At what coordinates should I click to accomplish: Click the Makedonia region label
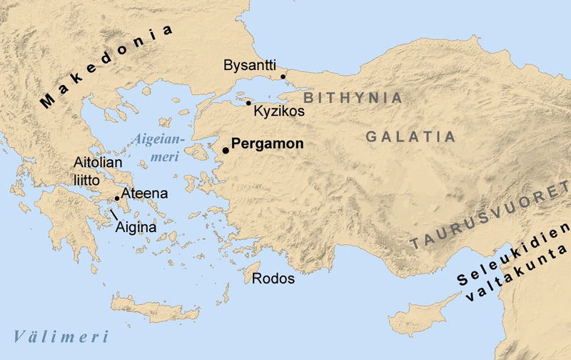click(107, 66)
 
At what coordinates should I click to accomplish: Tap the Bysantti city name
click(250, 66)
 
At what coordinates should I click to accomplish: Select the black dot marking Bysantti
click(283, 76)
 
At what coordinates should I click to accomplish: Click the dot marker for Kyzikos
click(248, 103)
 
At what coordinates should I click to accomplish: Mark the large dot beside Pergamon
click(226, 150)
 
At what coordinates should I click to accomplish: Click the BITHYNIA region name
click(353, 98)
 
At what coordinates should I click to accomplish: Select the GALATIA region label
click(410, 136)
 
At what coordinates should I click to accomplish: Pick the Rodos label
click(273, 279)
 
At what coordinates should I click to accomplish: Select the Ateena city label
click(144, 193)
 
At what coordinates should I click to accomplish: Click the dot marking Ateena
click(117, 199)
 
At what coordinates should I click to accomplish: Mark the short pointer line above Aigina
click(113, 213)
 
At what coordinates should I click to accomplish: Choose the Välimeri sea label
click(61, 336)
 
